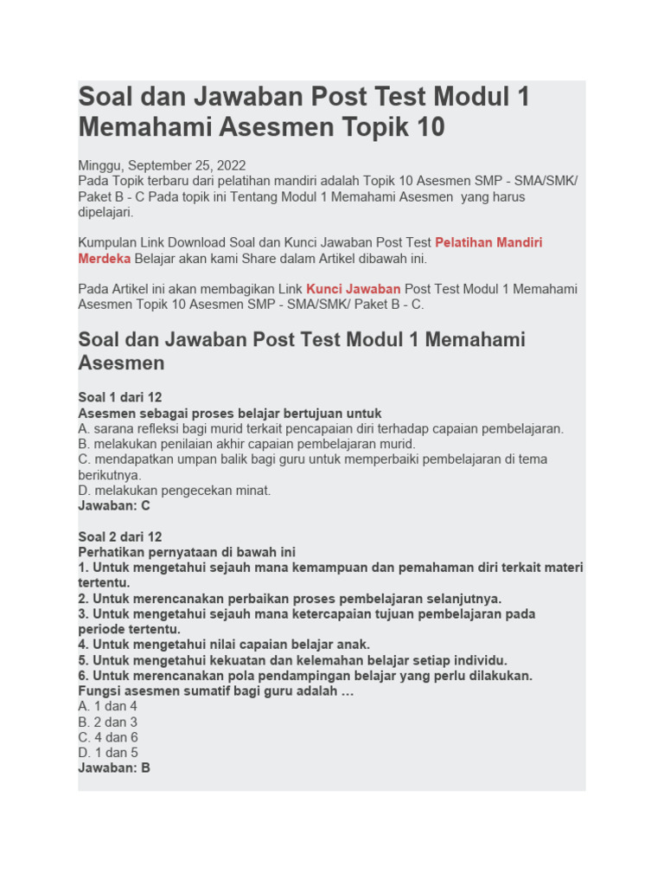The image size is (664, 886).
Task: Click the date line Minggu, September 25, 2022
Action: [162, 165]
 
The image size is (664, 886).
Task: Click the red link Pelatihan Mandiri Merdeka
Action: [488, 243]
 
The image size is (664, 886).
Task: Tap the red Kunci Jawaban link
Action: [353, 289]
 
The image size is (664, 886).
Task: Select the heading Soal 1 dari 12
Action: [120, 398]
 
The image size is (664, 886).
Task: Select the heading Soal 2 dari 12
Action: [120, 536]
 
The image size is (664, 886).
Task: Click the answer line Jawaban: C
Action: [114, 506]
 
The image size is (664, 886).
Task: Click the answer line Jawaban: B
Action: [114, 767]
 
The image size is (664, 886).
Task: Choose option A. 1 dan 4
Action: [108, 706]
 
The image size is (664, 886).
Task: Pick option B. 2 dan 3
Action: [108, 722]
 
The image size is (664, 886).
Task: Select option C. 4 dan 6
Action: [108, 737]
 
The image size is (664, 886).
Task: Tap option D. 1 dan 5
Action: [108, 753]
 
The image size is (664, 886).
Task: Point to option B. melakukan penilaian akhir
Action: [246, 444]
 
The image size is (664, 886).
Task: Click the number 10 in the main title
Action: [429, 128]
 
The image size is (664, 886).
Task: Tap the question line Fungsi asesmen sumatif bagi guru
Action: [216, 691]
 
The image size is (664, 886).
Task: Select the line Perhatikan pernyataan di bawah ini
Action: [187, 552]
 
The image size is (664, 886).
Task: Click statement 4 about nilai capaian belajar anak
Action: [224, 645]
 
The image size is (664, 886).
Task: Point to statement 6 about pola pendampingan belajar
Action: [305, 676]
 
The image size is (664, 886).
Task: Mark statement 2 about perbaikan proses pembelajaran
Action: [290, 599]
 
